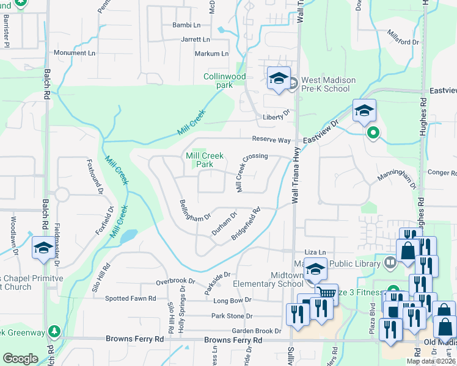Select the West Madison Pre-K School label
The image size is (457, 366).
326,84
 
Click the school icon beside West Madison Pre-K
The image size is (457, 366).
279,79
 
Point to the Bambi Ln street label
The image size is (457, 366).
188,25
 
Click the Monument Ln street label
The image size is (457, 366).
75,53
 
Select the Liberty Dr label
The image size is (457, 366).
275,112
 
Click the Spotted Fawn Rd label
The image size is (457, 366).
130,299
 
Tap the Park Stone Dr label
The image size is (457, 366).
232,316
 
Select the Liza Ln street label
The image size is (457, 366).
316,252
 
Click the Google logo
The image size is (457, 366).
21,358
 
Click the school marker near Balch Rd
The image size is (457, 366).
43,247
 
